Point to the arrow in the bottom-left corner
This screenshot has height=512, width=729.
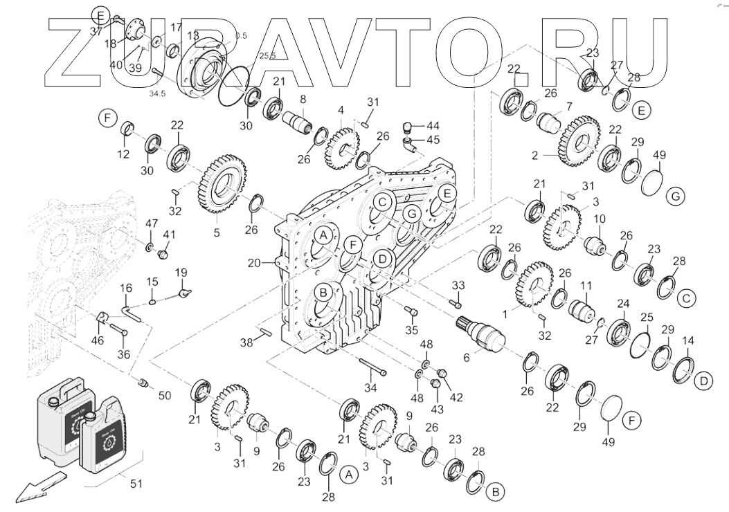tap(39, 487)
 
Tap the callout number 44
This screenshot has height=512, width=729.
tap(433, 125)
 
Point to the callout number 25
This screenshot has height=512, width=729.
tap(647, 318)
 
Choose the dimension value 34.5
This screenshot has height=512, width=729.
tap(159, 94)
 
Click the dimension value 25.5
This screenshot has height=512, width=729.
tap(248, 55)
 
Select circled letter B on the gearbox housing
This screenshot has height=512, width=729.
tap(323, 292)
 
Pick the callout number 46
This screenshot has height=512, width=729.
tap(98, 340)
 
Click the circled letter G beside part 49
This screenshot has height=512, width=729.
tap(676, 197)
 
